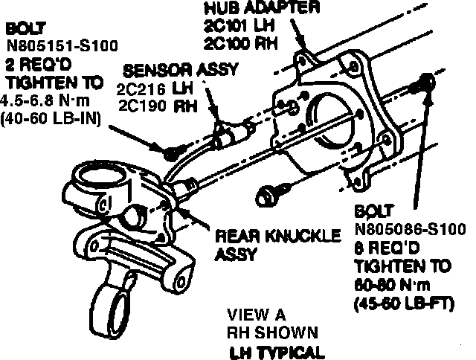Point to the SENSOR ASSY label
(x=181, y=71)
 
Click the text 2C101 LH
(x=238, y=26)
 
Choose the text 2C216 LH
(x=152, y=89)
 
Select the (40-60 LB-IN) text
(x=51, y=117)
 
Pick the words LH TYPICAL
(x=277, y=351)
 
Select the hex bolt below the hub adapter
(x=266, y=196)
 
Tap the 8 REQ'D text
(x=384, y=246)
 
